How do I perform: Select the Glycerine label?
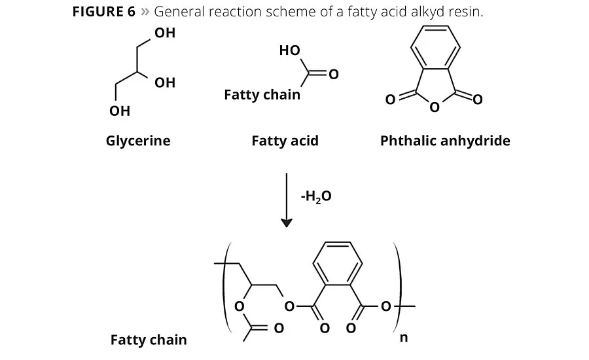point(138,141)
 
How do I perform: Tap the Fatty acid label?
point(285,141)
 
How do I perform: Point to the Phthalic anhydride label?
point(445,141)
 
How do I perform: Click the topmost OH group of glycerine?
point(165,33)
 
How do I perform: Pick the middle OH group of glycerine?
point(165,82)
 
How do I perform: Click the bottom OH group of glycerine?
point(120,111)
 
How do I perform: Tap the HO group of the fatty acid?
point(289,50)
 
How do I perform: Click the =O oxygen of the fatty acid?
point(333,75)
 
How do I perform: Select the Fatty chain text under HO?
point(262,95)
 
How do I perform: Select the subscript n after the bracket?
point(403,338)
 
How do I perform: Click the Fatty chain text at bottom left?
point(149,340)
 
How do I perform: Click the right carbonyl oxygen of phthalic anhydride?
point(477,100)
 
